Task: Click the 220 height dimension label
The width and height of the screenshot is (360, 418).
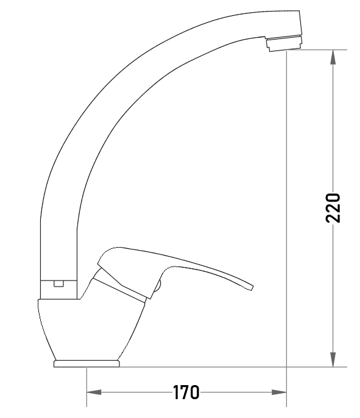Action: tap(333, 208)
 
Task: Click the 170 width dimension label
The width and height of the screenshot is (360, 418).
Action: tap(186, 392)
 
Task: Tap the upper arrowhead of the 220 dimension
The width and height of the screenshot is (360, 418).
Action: tap(333, 57)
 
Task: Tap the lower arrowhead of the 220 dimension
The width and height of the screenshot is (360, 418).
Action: tap(333, 360)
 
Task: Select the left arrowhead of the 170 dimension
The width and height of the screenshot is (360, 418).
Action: tap(94, 392)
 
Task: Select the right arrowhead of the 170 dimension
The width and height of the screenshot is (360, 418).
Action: tap(279, 392)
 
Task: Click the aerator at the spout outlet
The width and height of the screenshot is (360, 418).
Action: tap(284, 44)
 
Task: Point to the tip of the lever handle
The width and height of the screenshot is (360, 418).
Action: tap(252, 288)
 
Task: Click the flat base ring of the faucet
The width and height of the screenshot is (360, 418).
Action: tap(86, 364)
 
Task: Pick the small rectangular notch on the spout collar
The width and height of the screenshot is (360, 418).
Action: tap(58, 284)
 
